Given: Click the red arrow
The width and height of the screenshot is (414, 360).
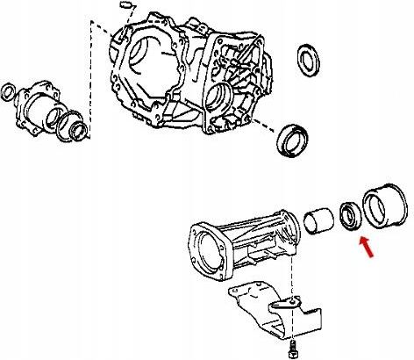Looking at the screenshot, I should [367, 248].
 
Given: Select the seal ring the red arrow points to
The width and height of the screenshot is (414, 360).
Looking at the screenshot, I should [351, 216].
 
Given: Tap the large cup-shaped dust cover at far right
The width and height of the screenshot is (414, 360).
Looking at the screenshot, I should [384, 208].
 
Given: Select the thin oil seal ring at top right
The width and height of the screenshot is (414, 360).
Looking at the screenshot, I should [309, 60].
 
